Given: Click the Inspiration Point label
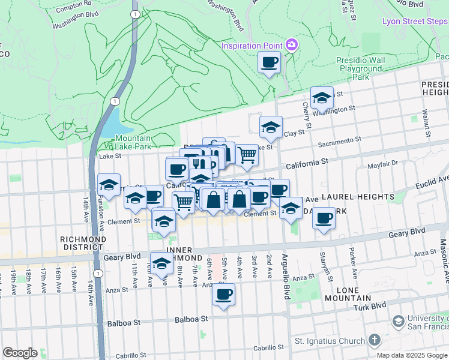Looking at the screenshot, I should pos(252,46).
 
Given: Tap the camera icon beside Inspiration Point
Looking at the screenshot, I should pos(292,45).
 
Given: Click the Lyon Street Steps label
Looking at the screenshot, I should pos(415,22).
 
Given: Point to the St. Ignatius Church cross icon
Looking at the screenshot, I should pos(374,340).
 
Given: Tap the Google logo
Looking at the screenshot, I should pos(20,353).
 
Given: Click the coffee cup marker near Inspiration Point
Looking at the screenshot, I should pos(270,61).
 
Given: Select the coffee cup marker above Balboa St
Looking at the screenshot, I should pos(224,294).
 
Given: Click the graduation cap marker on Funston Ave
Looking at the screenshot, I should pos(109,185).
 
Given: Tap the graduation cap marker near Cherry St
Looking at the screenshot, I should pos(322,98).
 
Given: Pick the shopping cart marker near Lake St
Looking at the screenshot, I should pos(247,155).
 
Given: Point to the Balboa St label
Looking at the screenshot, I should pos(124,323).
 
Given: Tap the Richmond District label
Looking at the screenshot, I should pos(83,243).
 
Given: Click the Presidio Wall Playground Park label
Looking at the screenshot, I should pos(361,69).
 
